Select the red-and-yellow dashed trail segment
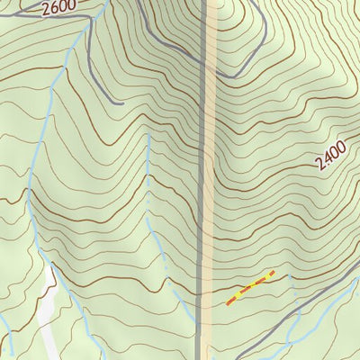click(250, 288)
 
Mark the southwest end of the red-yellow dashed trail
click(228, 303)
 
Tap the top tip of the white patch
click(49, 266)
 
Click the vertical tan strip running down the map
click(210, 180)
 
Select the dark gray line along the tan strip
click(201, 180)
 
